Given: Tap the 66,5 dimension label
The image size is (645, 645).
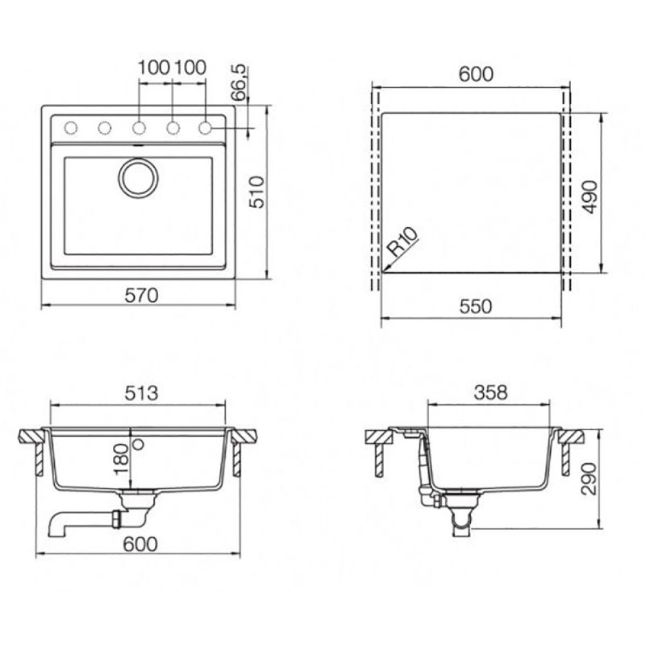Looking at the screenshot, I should click(x=239, y=82).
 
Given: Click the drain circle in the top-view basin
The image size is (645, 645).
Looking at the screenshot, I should click(x=138, y=177).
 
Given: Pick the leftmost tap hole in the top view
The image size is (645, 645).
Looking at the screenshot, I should click(x=71, y=128).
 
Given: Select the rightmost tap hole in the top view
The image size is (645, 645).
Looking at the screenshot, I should click(x=205, y=128).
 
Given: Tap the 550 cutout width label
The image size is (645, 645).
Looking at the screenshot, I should click(x=475, y=307).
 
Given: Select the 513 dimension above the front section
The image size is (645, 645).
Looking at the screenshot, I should click(x=141, y=393).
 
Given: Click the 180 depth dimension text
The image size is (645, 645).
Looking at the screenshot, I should click(x=121, y=459).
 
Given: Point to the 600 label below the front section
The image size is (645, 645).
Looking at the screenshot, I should click(x=141, y=544).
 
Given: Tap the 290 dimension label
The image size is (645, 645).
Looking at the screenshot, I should click(x=589, y=481).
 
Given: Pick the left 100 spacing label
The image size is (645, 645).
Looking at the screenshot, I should click(x=154, y=66).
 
